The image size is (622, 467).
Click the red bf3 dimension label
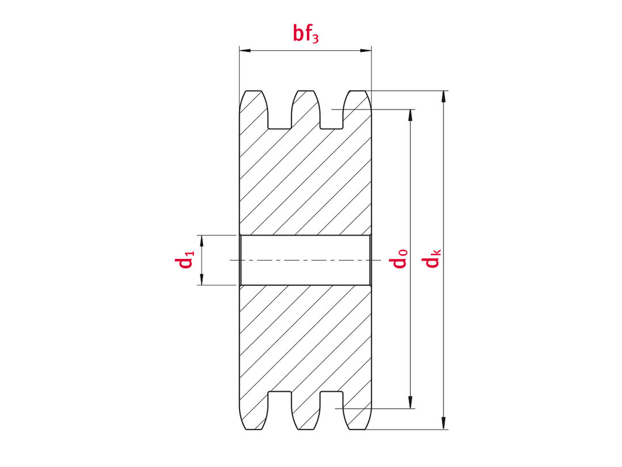[305, 34]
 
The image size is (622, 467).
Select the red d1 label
[185, 259]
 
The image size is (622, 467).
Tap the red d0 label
[399, 258]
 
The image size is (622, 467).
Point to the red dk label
[431, 258]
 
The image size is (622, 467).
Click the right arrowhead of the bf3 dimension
[365, 50]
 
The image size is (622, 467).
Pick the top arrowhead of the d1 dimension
[202, 241]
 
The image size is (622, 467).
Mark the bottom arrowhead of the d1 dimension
[202, 279]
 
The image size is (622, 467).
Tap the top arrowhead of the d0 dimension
[411, 115]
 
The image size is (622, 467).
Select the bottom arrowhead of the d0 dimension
[411, 402]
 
